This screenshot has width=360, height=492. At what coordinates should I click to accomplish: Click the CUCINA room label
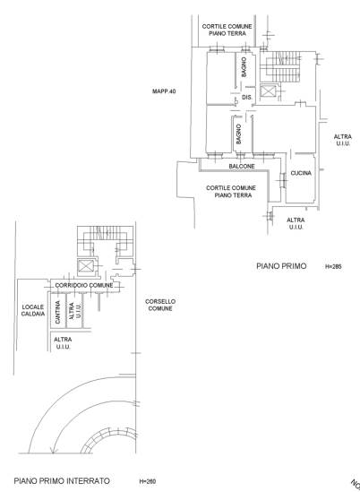[301, 173]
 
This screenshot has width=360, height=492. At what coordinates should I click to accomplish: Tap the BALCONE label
[242, 166]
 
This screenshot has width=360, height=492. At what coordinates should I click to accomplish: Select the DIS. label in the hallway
[247, 98]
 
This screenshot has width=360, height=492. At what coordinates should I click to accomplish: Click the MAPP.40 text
[164, 91]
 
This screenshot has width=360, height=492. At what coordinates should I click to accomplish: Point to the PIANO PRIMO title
[281, 266]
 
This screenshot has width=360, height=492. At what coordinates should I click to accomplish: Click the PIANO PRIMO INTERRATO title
[62, 480]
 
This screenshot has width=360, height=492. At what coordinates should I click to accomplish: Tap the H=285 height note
[333, 267]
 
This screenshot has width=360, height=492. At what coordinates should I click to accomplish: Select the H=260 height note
[148, 481]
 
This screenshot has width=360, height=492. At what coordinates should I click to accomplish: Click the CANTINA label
[57, 312]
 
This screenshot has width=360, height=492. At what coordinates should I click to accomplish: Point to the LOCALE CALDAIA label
[33, 310]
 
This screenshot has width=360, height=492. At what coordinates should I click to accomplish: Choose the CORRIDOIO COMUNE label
[84, 286]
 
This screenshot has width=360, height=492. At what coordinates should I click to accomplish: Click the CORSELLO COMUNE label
[160, 305]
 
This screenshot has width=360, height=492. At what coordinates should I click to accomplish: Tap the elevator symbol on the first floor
[268, 91]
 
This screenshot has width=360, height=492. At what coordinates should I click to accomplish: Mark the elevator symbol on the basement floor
[86, 266]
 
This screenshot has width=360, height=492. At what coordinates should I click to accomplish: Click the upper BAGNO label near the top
[244, 67]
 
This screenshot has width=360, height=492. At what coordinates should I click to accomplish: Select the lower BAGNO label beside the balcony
[238, 134]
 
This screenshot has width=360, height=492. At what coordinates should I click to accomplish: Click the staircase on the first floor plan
[281, 66]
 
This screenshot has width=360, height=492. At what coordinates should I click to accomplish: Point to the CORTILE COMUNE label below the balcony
[231, 192]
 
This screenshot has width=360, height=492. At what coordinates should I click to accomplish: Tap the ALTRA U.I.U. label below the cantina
[63, 343]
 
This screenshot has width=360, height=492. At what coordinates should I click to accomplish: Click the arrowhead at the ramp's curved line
[54, 451]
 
